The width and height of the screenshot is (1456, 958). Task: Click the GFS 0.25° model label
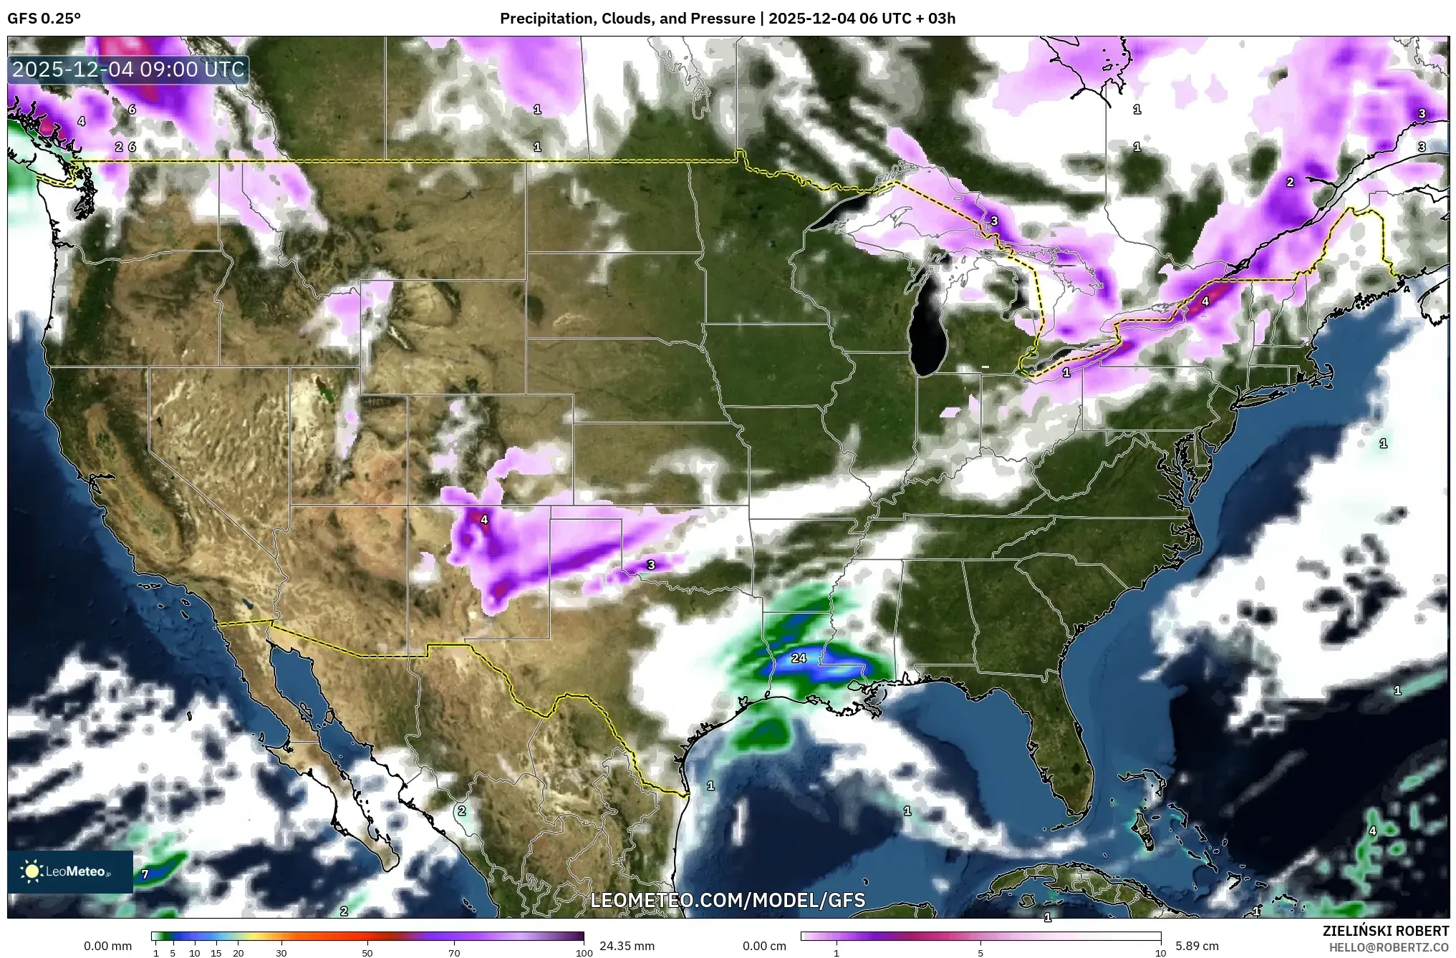[44, 19]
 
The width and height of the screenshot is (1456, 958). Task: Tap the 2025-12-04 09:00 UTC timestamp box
[129, 69]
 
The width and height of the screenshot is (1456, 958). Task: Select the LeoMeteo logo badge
[70, 871]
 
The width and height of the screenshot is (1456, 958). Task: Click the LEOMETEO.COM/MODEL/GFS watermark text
[728, 900]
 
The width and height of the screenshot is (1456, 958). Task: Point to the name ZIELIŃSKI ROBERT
[1385, 931]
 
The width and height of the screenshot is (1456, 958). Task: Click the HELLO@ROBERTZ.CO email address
[1389, 947]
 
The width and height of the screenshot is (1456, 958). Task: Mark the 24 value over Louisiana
[799, 658]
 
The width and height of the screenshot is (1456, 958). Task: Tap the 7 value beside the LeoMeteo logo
[145, 874]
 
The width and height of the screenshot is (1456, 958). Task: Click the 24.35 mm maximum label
[627, 946]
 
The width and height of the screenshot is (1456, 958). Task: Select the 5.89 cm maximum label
[1197, 946]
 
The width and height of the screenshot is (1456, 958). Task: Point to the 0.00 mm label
[107, 946]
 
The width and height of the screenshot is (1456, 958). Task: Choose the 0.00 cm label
[764, 946]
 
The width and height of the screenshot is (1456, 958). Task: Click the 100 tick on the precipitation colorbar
[584, 953]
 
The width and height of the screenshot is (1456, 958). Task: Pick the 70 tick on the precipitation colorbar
[454, 953]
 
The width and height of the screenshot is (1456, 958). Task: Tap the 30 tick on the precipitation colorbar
[281, 953]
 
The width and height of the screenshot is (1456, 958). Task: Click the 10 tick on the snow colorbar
[1160, 953]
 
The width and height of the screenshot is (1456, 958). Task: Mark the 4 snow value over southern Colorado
[484, 520]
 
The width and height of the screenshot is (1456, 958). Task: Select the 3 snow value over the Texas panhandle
[651, 565]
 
